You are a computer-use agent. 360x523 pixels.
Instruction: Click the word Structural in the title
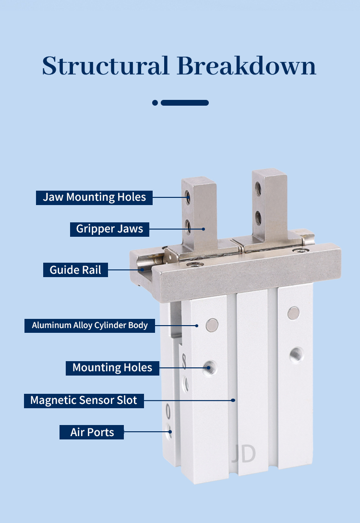click(106, 65)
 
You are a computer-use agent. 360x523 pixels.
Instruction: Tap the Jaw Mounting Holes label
click(95, 197)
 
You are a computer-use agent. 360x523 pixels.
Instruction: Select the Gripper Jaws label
click(109, 229)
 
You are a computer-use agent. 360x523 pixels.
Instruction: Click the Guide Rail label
click(75, 270)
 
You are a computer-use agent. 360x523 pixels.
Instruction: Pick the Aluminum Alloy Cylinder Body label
click(90, 325)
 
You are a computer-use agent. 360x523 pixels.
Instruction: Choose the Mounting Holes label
click(112, 368)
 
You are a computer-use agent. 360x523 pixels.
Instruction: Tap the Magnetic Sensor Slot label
click(84, 400)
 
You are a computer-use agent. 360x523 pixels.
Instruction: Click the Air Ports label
click(92, 432)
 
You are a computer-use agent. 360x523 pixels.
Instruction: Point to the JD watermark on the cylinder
click(244, 453)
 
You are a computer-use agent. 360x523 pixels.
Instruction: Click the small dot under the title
click(155, 103)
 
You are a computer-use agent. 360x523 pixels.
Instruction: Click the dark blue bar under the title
click(185, 103)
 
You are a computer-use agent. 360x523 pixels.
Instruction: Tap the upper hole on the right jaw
click(258, 189)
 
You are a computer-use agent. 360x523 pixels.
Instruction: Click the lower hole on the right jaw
click(258, 218)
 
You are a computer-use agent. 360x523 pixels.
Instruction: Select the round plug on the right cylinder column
click(293, 313)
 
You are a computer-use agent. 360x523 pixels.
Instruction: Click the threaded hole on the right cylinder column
click(296, 355)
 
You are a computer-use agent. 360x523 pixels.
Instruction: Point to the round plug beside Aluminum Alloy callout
click(212, 325)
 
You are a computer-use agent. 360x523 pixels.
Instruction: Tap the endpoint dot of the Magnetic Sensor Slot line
click(234, 400)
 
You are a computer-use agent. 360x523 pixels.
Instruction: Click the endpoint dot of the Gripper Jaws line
click(204, 229)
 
